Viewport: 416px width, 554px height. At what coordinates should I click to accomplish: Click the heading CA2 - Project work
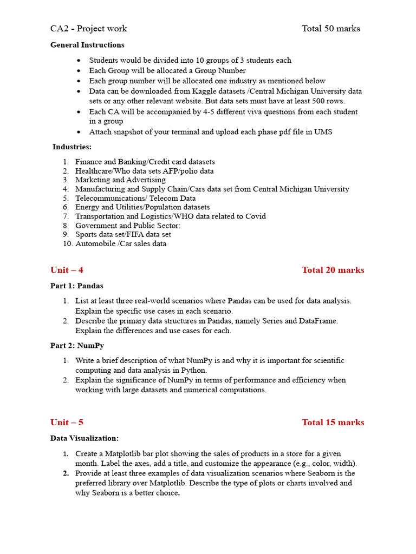pyautogui.click(x=89, y=29)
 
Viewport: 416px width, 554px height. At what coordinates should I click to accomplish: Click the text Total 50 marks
pyautogui.click(x=330, y=29)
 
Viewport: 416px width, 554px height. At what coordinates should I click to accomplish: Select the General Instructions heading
pyautogui.click(x=87, y=45)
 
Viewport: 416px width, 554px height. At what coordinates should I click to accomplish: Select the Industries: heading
pyautogui.click(x=72, y=147)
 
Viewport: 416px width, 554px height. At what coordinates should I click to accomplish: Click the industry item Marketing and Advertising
pyautogui.click(x=120, y=180)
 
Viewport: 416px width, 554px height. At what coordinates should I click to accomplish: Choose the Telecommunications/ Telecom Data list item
pyautogui.click(x=135, y=198)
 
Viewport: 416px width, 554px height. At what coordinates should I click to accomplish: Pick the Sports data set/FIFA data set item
pyautogui.click(x=123, y=234)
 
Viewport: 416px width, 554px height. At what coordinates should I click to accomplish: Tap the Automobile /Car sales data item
pyautogui.click(x=121, y=243)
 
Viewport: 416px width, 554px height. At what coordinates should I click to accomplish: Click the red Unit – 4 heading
pyautogui.click(x=67, y=270)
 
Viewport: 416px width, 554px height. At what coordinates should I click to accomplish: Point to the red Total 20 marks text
pyautogui.click(x=333, y=270)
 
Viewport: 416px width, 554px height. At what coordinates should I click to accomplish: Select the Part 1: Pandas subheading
pyautogui.click(x=76, y=286)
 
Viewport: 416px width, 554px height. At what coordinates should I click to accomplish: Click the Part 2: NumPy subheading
pyautogui.click(x=77, y=345)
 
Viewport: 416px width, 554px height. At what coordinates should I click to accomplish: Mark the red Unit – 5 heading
pyautogui.click(x=67, y=423)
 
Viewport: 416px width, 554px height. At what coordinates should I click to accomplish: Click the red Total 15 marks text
pyautogui.click(x=333, y=423)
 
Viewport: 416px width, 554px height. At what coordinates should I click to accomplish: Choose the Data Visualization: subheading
pyautogui.click(x=84, y=438)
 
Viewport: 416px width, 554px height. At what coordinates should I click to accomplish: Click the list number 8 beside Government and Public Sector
pyautogui.click(x=66, y=225)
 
